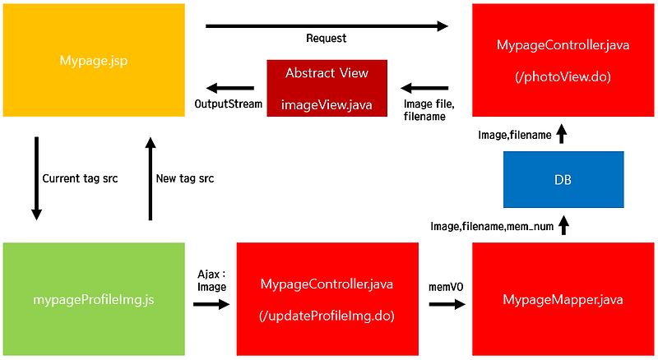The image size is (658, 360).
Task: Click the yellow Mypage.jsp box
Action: pos(92,60)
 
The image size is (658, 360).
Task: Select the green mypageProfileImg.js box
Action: pos(92,300)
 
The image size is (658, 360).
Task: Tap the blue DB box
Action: pos(563,179)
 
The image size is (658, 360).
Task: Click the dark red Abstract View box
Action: pos(327,87)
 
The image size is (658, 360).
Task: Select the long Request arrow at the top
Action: pos(327,26)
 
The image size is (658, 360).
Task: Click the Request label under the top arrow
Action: pos(327,39)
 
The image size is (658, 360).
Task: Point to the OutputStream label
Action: pos(228,104)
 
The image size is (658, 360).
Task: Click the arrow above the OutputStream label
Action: pos(229,87)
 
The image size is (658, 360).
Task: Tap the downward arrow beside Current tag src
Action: pos(36,178)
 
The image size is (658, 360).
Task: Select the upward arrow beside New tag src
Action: pos(150,178)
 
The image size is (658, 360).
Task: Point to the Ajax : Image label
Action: pos(211,280)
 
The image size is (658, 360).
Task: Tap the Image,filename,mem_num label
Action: pos(490,225)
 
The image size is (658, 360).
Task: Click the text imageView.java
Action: pos(326,104)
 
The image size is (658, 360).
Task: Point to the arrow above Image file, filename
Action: pos(425,87)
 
